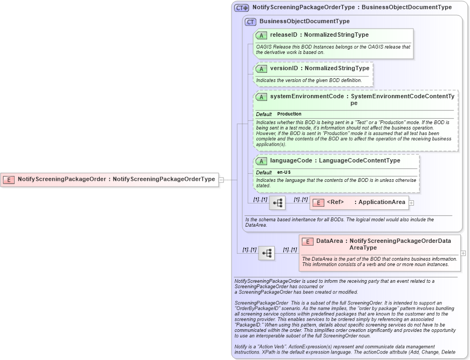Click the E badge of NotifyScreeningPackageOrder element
[x=9, y=179]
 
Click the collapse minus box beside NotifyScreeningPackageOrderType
[x=221, y=179]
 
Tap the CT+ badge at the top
[x=241, y=8]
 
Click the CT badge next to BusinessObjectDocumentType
[x=250, y=22]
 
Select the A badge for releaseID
[x=262, y=35]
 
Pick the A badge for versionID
[x=262, y=69]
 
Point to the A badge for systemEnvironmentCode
[x=262, y=97]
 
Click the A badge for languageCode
[x=262, y=161]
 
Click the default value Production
[x=289, y=114]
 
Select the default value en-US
[x=284, y=172]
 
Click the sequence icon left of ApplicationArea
[x=277, y=203]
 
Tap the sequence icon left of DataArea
[x=267, y=253]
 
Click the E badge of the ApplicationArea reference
[x=318, y=202]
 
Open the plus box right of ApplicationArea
[x=411, y=203]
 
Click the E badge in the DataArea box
[x=308, y=241]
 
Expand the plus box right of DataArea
[x=463, y=253]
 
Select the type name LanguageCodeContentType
[x=359, y=161]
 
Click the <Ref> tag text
[x=335, y=202]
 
